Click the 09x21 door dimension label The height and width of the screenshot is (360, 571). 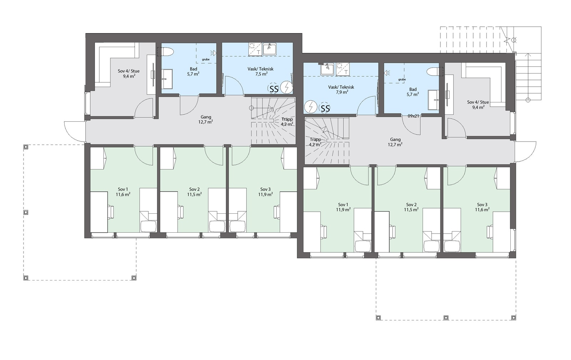(413, 116)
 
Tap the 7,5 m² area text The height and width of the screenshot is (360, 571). (260, 74)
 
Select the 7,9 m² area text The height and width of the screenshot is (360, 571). (342, 92)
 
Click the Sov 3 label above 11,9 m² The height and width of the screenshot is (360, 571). (266, 189)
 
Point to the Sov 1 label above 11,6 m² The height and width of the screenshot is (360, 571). (123, 189)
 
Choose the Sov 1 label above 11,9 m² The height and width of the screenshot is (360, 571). (343, 204)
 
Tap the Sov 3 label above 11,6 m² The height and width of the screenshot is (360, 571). (482, 204)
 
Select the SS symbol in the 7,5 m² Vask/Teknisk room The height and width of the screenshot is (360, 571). (273, 89)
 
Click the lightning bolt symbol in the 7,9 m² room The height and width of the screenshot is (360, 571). (310, 106)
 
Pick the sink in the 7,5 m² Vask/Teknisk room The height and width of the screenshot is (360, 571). (269, 49)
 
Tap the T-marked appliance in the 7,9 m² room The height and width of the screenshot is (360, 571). (343, 69)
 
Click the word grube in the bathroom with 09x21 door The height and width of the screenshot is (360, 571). (402, 80)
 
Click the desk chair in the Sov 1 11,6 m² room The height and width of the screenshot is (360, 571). (111, 212)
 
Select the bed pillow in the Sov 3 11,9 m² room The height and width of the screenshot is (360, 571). (237, 226)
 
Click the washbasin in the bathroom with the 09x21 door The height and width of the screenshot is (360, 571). (433, 100)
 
